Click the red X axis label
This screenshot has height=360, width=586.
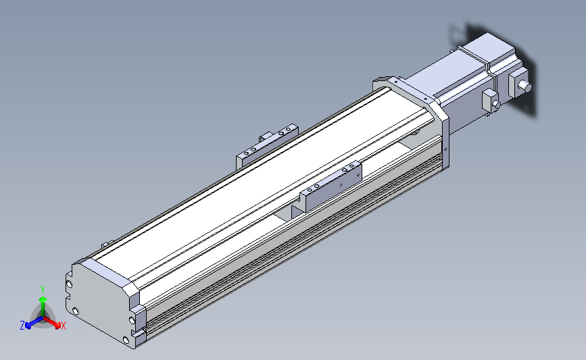click(64, 326)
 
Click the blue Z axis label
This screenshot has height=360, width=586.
click(22, 326)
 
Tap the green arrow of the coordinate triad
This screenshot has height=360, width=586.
click(43, 300)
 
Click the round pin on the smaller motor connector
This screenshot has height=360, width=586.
click(497, 105)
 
